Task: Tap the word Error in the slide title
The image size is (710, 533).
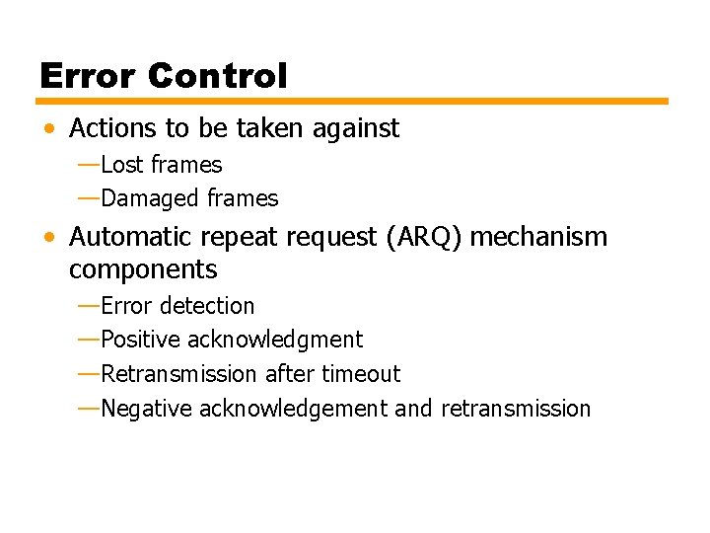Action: click(x=86, y=76)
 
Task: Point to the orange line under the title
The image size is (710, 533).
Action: click(x=353, y=101)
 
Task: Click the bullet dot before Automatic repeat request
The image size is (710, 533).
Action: click(x=48, y=238)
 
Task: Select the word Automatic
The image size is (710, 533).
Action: click(x=133, y=237)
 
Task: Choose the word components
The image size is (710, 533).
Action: click(x=143, y=268)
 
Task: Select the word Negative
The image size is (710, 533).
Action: click(x=147, y=409)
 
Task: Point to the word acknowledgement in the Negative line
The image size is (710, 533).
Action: click(x=293, y=409)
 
